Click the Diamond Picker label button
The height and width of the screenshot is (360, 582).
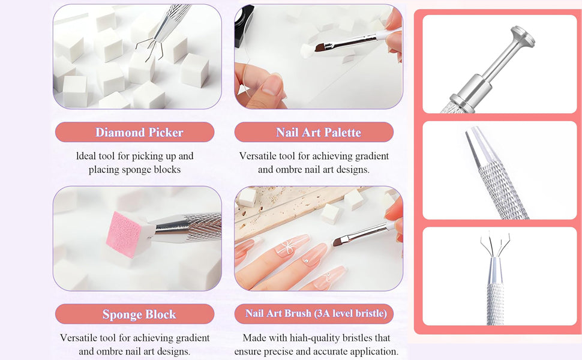(x=134, y=132)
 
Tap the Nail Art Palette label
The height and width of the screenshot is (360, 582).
(x=314, y=132)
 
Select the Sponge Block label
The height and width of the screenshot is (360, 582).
(x=134, y=314)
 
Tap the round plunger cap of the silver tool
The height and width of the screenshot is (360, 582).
(x=521, y=37)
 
